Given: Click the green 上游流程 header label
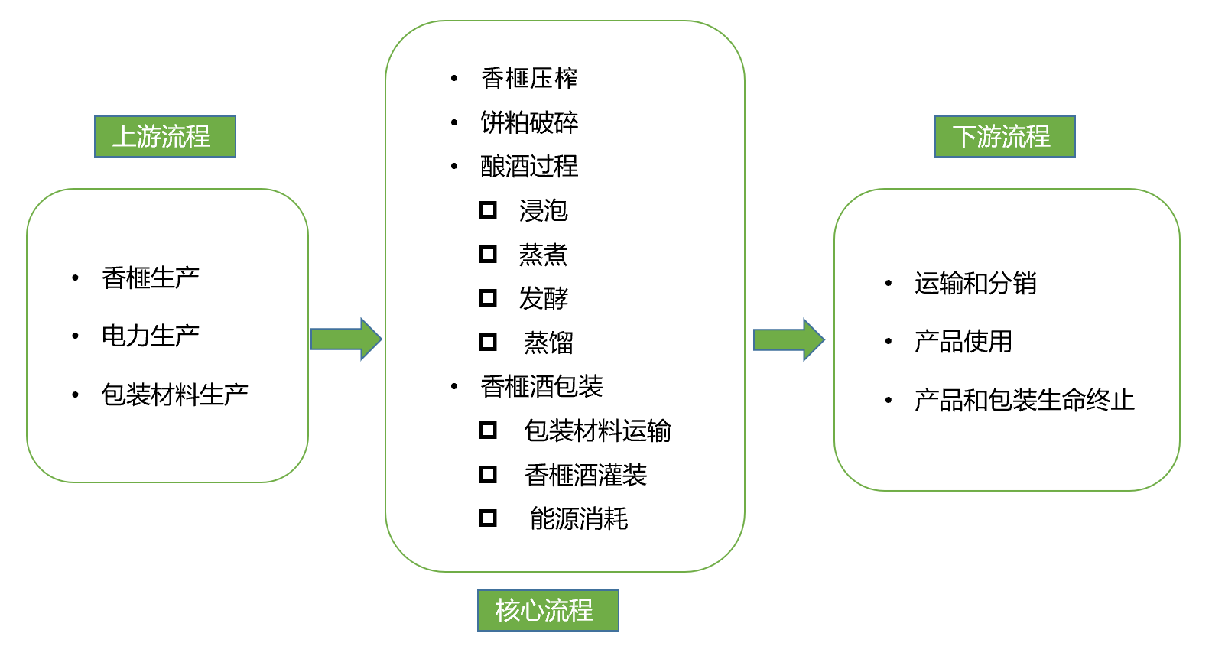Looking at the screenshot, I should (x=164, y=137).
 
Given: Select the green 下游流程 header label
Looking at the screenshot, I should (x=1005, y=137).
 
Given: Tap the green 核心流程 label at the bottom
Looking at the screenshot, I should (x=548, y=610).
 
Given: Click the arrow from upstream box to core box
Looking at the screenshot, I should (x=346, y=339).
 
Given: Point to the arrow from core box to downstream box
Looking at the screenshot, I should (x=788, y=339).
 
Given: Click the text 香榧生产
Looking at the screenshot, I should (x=151, y=278).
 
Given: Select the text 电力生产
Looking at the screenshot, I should (x=151, y=336).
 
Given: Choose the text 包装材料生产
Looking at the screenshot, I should (x=174, y=395).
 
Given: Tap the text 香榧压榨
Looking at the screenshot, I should (x=529, y=78).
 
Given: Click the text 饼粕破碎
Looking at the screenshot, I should (x=529, y=122).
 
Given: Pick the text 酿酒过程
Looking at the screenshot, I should (x=529, y=166).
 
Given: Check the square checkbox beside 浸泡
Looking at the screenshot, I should (x=488, y=209).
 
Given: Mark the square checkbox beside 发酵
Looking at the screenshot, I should (x=488, y=297).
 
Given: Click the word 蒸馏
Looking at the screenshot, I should (x=548, y=343).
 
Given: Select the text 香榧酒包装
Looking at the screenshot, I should (x=541, y=386).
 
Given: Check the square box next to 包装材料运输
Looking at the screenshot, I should (x=488, y=430).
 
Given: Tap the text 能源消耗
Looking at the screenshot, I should (x=579, y=518).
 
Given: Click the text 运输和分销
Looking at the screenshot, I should (x=975, y=283).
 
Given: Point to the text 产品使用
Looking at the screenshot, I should (x=963, y=341).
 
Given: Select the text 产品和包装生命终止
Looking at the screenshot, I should (x=1024, y=400).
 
